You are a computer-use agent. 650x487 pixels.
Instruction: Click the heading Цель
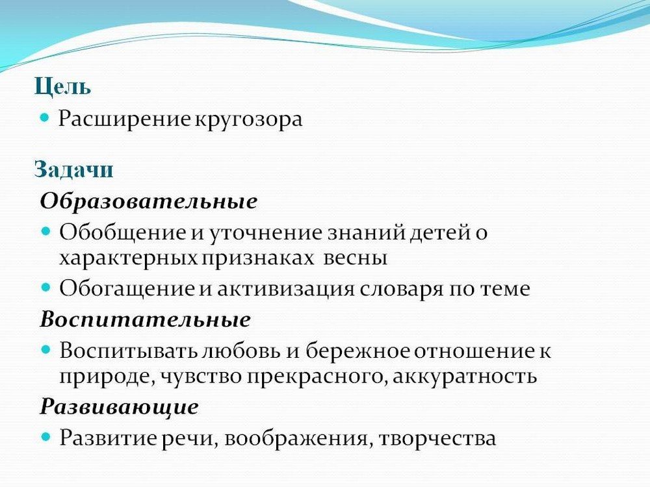point(62,86)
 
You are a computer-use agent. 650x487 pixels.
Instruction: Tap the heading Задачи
point(74,169)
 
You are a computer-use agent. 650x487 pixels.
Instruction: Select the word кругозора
point(248,119)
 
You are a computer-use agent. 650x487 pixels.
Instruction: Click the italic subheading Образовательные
point(149,201)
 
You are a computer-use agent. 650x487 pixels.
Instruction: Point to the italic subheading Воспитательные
point(146,319)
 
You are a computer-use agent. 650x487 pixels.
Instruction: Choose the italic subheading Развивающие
point(120,407)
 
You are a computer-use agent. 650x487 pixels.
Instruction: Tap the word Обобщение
point(123,232)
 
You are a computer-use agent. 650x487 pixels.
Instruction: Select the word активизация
point(286,289)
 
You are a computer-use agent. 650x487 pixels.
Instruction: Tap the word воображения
point(296,438)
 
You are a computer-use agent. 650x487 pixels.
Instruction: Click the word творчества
point(437,438)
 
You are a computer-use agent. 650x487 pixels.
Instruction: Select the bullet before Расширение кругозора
point(45,117)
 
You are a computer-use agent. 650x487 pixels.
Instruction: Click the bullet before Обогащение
point(45,286)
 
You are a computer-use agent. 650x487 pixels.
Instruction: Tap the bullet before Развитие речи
point(45,436)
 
